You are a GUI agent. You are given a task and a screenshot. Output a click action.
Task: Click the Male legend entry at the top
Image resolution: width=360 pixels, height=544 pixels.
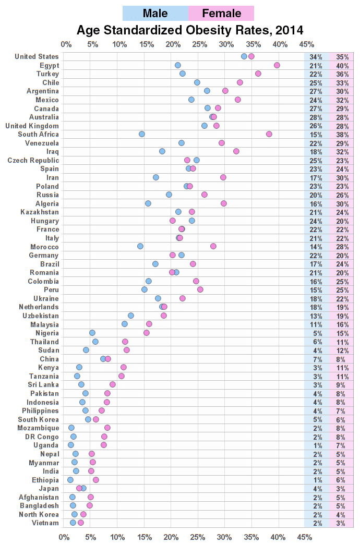(x=155, y=13)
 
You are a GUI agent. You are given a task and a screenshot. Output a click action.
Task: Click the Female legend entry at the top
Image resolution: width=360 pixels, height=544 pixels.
(x=221, y=13)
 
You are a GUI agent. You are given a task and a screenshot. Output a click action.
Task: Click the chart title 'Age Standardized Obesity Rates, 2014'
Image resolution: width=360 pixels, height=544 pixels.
(x=190, y=30)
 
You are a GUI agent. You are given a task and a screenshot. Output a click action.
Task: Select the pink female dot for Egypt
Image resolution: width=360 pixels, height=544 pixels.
(x=277, y=65)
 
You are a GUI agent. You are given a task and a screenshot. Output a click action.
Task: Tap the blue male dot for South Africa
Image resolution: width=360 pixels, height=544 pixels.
(x=142, y=134)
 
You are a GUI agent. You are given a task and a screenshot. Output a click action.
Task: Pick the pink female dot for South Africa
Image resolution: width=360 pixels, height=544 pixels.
(x=269, y=134)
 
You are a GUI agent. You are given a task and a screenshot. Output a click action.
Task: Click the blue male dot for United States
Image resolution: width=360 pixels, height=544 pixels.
(x=244, y=56)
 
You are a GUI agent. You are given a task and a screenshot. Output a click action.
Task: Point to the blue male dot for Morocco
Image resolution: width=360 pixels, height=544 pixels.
(x=140, y=246)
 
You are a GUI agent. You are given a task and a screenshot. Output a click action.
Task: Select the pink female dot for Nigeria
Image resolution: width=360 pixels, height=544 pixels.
(x=147, y=333)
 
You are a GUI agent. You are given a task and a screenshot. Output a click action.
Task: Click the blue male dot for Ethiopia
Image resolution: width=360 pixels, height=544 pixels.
(x=70, y=480)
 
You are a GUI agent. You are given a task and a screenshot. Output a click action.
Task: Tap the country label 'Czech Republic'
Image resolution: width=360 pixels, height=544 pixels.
(x=33, y=160)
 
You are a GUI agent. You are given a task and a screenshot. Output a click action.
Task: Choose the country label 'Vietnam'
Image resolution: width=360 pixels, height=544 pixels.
(x=45, y=523)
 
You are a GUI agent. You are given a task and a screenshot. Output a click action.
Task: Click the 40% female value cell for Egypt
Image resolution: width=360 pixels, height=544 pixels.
(x=342, y=65)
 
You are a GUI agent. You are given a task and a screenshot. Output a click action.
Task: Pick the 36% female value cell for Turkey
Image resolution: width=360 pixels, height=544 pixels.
(x=342, y=74)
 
